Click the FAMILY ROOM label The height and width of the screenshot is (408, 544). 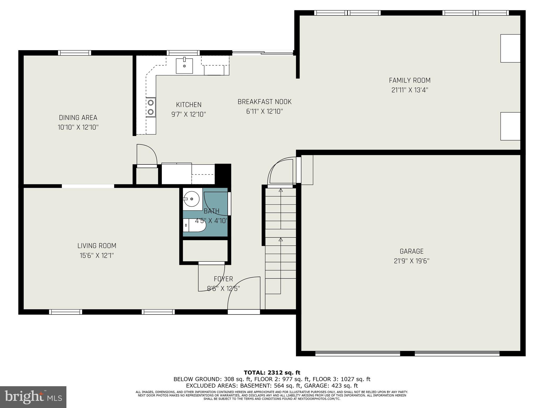point(410,80)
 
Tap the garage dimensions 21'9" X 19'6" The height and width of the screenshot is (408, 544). point(411,261)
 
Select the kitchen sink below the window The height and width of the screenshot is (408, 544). point(184,66)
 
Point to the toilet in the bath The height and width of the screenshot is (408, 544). point(195,226)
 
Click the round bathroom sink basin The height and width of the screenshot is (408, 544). point(191,199)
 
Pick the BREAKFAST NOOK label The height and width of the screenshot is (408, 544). point(265,102)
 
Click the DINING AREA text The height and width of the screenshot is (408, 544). point(78,118)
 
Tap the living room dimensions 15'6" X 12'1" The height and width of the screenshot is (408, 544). point(97,256)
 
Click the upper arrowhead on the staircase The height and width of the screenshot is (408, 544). point(281,190)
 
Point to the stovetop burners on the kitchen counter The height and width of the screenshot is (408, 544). point(151,107)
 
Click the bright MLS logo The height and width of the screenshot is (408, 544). point(33,397)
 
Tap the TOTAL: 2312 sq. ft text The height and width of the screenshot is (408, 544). point(272,373)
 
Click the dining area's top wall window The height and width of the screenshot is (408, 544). point(75,53)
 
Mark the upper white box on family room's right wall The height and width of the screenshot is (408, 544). point(510,48)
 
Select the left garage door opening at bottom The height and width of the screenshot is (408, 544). point(358,354)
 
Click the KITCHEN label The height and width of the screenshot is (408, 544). point(189,105)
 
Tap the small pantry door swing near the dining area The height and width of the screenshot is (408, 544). point(147,155)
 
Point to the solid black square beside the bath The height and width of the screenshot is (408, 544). point(223,174)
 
